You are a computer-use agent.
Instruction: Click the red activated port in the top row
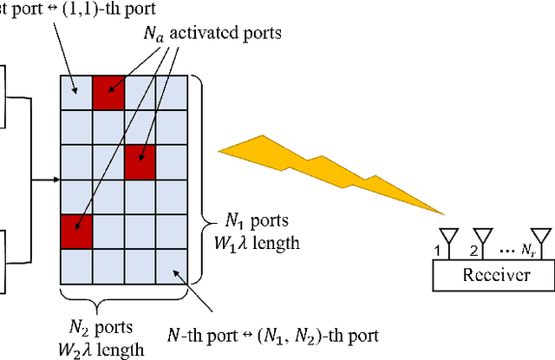[x=109, y=92]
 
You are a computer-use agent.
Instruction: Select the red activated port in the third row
[x=140, y=162]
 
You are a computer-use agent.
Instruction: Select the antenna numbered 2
[x=482, y=237]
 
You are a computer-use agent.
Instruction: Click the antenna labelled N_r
[x=541, y=237]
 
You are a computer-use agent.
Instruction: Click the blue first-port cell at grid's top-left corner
[x=76, y=92]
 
